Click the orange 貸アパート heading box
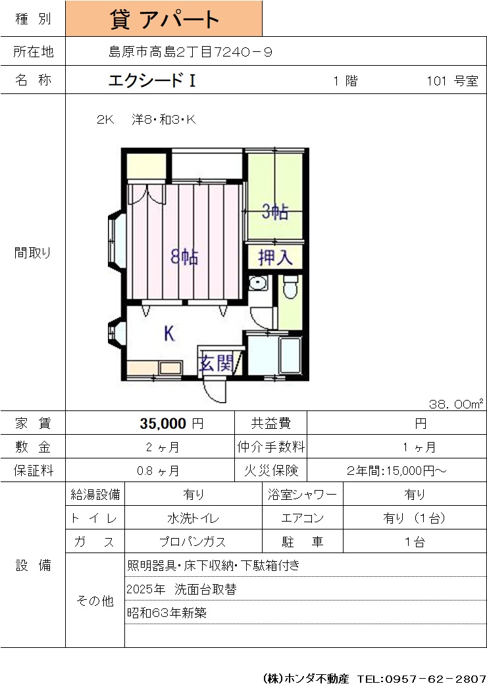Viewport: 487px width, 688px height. pyautogui.click(x=164, y=18)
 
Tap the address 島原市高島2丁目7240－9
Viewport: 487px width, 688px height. pyautogui.click(x=190, y=52)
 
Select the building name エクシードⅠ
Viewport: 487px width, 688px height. pyautogui.click(x=152, y=80)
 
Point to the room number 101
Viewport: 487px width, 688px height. pyautogui.click(x=436, y=81)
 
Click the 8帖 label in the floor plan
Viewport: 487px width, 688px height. pyautogui.click(x=184, y=257)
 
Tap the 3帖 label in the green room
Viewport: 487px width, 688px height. pyautogui.click(x=275, y=212)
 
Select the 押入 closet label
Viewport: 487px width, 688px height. pyautogui.click(x=275, y=257)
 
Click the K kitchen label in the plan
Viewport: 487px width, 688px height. pyautogui.click(x=169, y=333)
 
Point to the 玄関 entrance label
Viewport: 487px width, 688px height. pyautogui.click(x=216, y=363)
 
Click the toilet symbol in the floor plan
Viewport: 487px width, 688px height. pyautogui.click(x=290, y=286)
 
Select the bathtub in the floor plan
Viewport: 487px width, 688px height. pyautogui.click(x=290, y=355)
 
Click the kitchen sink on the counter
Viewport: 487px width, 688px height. pyautogui.click(x=171, y=368)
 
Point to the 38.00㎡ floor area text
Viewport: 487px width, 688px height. pyautogui.click(x=456, y=404)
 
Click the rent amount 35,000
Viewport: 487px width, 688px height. pyautogui.click(x=163, y=424)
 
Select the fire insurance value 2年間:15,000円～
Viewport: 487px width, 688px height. pyautogui.click(x=396, y=471)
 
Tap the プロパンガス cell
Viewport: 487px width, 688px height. pyautogui.click(x=193, y=542)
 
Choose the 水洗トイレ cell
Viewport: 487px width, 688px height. pyautogui.click(x=193, y=518)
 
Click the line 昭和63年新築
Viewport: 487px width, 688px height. pyautogui.click(x=167, y=612)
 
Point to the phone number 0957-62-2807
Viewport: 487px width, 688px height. pyautogui.click(x=435, y=679)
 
